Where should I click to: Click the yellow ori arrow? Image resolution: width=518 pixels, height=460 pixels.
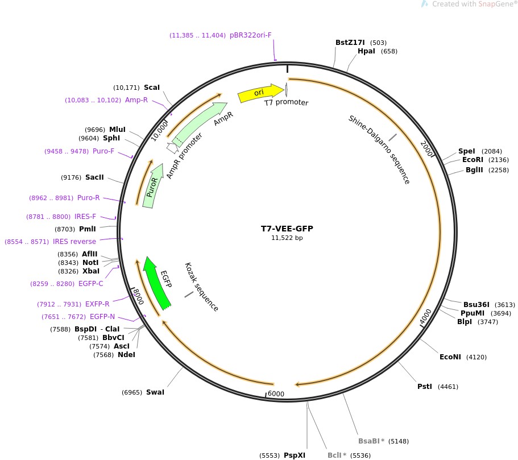(x=260, y=93)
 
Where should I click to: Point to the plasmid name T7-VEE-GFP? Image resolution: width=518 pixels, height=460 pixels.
(x=287, y=229)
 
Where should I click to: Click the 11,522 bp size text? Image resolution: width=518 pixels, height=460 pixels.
(x=287, y=238)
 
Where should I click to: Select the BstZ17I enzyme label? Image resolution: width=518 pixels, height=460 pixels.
(x=351, y=43)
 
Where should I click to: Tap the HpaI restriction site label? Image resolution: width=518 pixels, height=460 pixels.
(x=366, y=51)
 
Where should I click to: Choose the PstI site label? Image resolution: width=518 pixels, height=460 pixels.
(x=425, y=387)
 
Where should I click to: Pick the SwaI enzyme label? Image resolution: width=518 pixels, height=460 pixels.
(x=155, y=392)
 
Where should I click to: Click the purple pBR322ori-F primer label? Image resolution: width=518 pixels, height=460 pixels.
(x=251, y=35)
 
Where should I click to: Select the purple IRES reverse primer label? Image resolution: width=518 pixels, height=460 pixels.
(x=74, y=242)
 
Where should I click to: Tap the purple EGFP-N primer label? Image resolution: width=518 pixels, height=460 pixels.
(x=102, y=317)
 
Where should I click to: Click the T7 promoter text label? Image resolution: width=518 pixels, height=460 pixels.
(x=286, y=103)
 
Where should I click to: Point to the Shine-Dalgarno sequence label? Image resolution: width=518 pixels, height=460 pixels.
(x=379, y=149)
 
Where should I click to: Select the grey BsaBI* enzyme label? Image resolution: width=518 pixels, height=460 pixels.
(x=371, y=441)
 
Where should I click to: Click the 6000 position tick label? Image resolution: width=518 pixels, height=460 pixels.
(x=276, y=394)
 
